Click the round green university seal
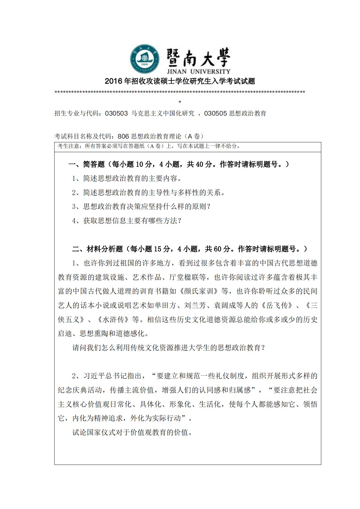point(145,59)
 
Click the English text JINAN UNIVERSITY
point(198,72)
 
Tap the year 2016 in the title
point(113,81)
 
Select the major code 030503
point(116,113)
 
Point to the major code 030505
point(215,113)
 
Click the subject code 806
point(123,136)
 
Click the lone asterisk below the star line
point(180,102)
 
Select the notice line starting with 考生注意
point(149,146)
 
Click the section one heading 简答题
point(94,164)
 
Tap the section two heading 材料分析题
point(105,249)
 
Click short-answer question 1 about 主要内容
point(127,178)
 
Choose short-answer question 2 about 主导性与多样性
point(149,192)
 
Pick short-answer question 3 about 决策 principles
point(141,207)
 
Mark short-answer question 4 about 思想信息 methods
point(127,221)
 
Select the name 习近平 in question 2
point(94,376)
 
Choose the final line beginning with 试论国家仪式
point(133,432)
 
